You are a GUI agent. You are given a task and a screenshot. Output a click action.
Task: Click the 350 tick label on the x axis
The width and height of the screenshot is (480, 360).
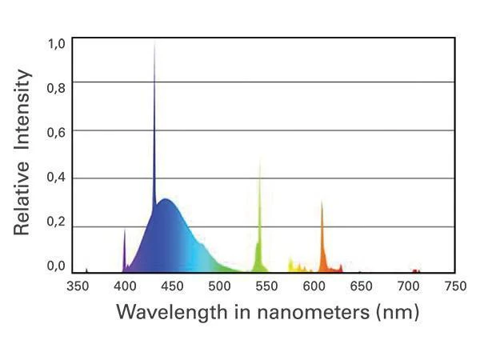[78, 286]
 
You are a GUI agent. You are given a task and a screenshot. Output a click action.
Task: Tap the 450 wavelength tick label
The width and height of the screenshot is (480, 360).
[172, 286]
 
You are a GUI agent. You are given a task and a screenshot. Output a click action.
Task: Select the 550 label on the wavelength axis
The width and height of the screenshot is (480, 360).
[266, 286]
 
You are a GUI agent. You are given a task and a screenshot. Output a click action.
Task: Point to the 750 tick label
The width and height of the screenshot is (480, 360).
[455, 286]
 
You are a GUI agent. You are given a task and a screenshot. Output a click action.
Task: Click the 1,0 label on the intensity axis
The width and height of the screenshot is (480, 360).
[56, 44]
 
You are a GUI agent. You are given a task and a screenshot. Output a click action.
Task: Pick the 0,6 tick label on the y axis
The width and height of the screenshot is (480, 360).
[56, 133]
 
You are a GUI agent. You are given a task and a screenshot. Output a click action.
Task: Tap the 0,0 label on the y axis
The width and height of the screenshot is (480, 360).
[56, 266]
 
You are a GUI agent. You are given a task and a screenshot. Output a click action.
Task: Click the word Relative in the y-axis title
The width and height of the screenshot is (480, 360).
[22, 198]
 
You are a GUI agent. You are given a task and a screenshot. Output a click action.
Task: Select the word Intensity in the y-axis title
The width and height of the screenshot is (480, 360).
[22, 110]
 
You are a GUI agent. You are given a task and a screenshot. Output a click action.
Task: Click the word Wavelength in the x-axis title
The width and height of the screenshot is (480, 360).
[172, 312]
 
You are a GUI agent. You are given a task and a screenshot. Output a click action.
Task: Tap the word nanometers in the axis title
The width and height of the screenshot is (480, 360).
[313, 313]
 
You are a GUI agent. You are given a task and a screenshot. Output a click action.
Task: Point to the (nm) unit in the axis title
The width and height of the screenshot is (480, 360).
[398, 313]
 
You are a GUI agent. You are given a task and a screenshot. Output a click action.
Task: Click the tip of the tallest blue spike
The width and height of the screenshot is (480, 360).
[154, 44]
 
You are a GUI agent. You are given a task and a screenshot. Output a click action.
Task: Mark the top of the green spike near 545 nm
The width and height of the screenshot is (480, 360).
[260, 162]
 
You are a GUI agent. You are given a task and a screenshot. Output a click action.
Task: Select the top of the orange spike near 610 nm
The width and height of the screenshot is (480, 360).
[322, 201]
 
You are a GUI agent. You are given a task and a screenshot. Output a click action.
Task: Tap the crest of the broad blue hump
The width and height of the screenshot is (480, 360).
[166, 199]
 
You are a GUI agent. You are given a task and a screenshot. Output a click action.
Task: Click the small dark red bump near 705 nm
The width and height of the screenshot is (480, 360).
[415, 270]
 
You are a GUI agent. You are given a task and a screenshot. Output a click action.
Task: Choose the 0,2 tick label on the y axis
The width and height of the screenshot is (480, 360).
[56, 222]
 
